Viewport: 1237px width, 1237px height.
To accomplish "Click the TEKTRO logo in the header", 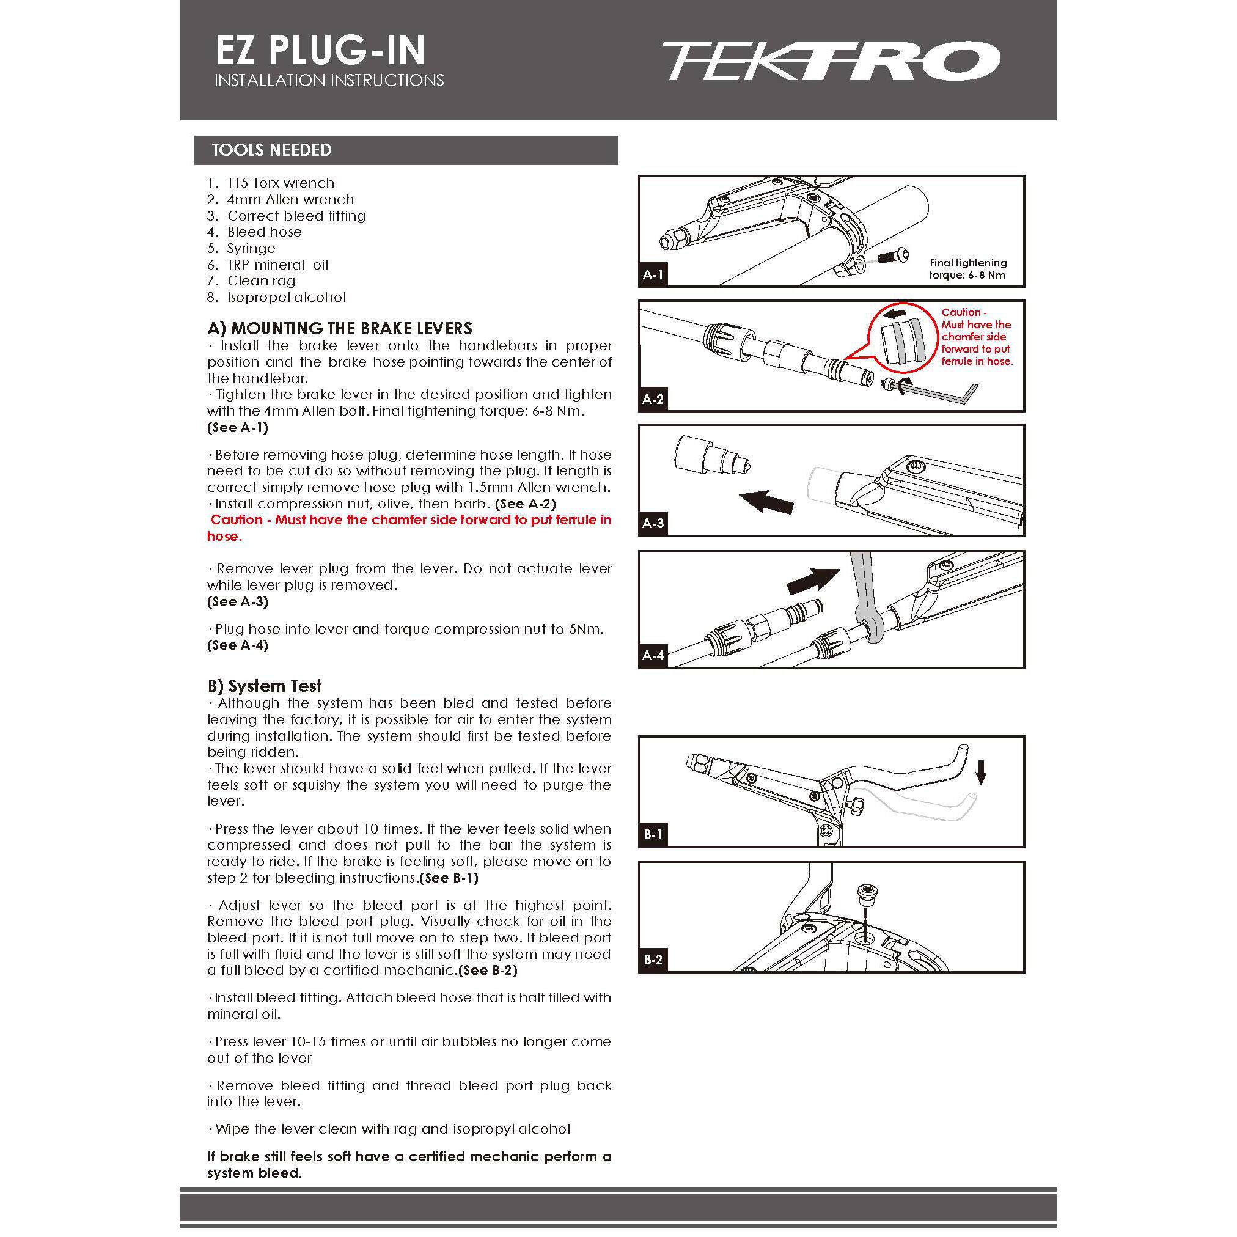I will point(830,62).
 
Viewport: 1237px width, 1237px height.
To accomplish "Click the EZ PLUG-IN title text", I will point(320,51).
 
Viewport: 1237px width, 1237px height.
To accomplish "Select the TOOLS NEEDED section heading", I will point(271,150).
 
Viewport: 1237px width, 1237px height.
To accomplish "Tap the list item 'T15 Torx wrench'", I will point(281,183).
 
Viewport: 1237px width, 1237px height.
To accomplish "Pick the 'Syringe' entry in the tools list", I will point(251,248).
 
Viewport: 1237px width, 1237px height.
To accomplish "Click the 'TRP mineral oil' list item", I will point(277,265).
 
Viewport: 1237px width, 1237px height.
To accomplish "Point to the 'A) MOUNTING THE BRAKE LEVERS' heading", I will point(340,328).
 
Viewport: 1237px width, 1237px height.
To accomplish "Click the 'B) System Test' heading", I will point(265,686).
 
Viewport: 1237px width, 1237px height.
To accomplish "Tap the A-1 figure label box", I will point(653,275).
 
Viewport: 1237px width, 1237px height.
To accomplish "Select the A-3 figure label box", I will point(653,523).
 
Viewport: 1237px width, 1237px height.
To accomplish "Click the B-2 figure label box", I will point(653,960).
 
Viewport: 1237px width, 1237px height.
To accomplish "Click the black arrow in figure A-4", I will point(812,581).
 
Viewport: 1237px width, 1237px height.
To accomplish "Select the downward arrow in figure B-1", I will point(980,776).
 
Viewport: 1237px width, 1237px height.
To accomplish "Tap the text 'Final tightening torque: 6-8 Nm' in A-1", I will point(967,269).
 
